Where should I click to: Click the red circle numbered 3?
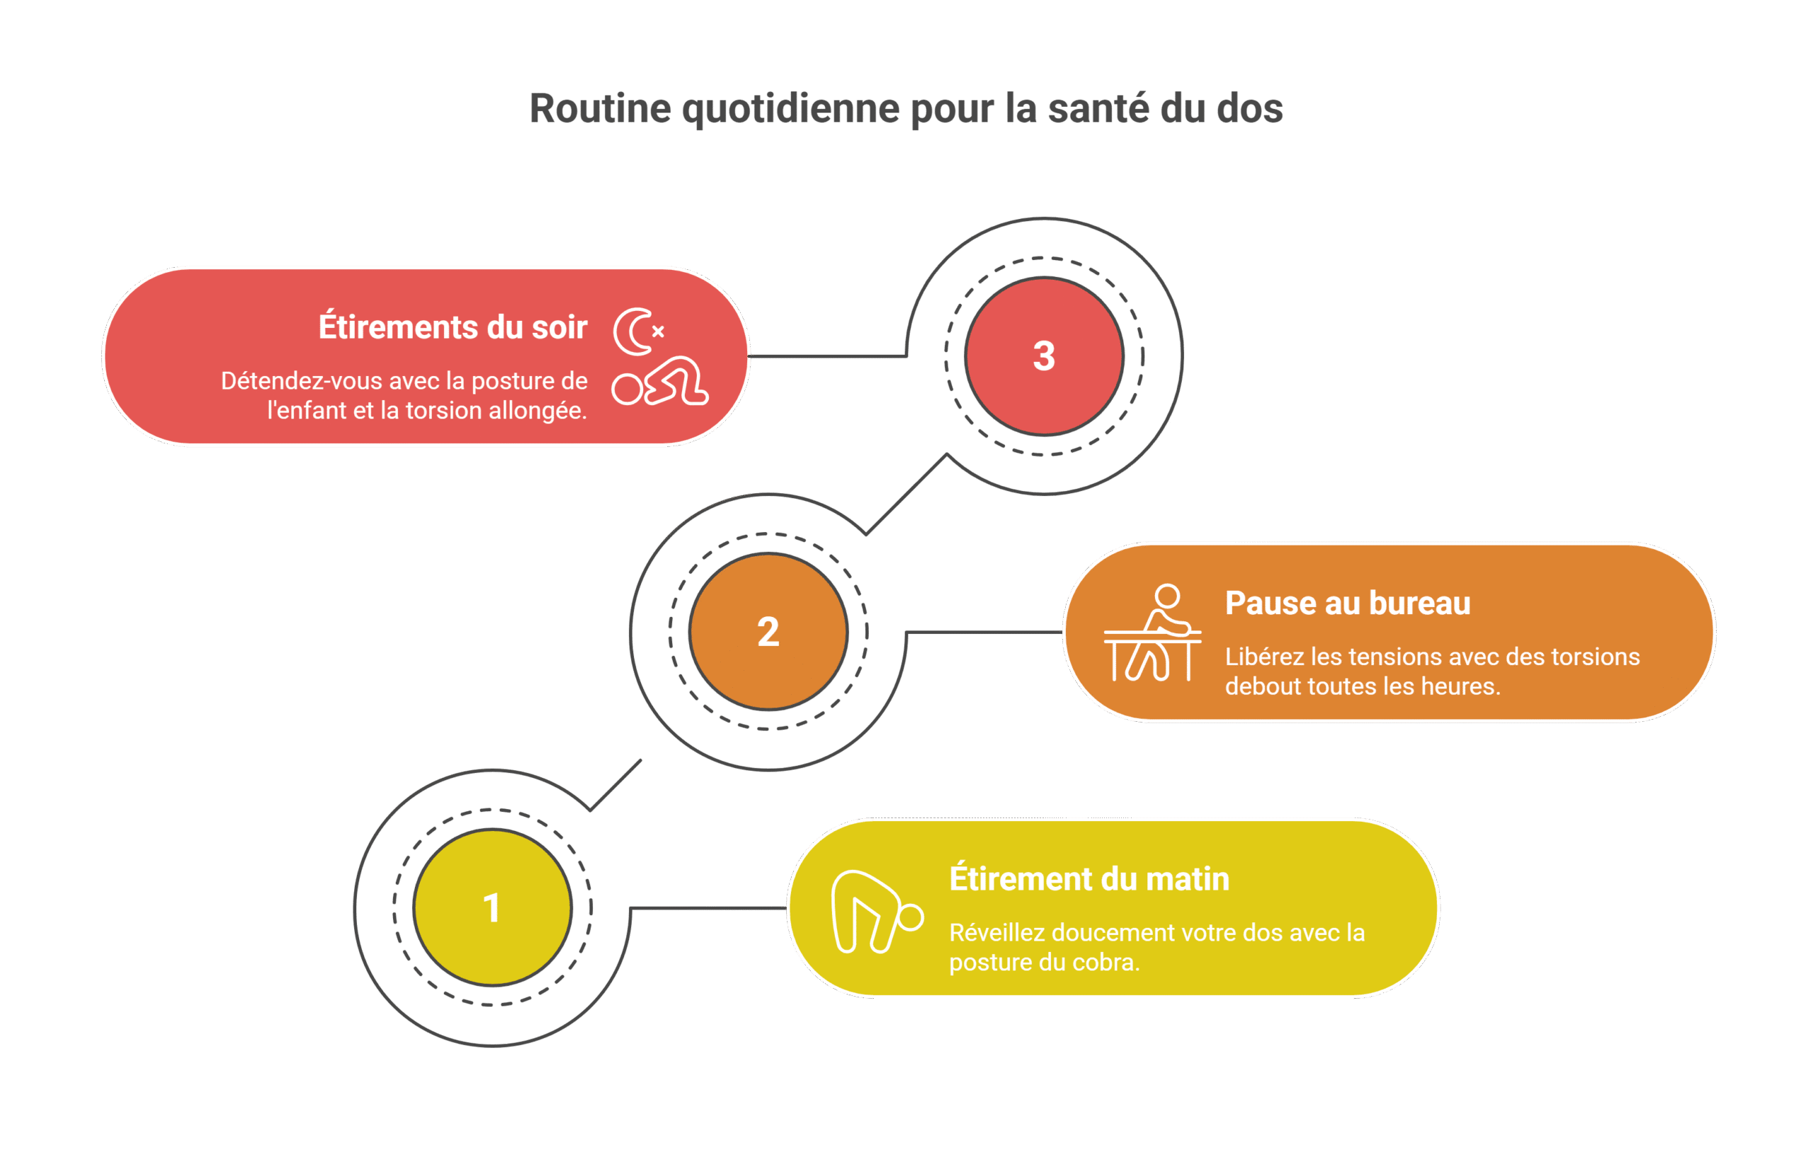coord(1044,356)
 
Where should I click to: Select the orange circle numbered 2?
coord(768,631)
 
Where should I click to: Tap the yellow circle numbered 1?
coord(492,907)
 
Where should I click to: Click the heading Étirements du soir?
coord(453,327)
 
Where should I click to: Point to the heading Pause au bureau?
coord(1348,603)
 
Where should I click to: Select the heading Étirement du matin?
coord(1089,878)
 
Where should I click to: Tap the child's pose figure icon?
coord(660,383)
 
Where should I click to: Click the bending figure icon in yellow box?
coord(875,912)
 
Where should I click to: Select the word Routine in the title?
coord(600,108)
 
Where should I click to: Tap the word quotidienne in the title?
coord(790,108)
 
